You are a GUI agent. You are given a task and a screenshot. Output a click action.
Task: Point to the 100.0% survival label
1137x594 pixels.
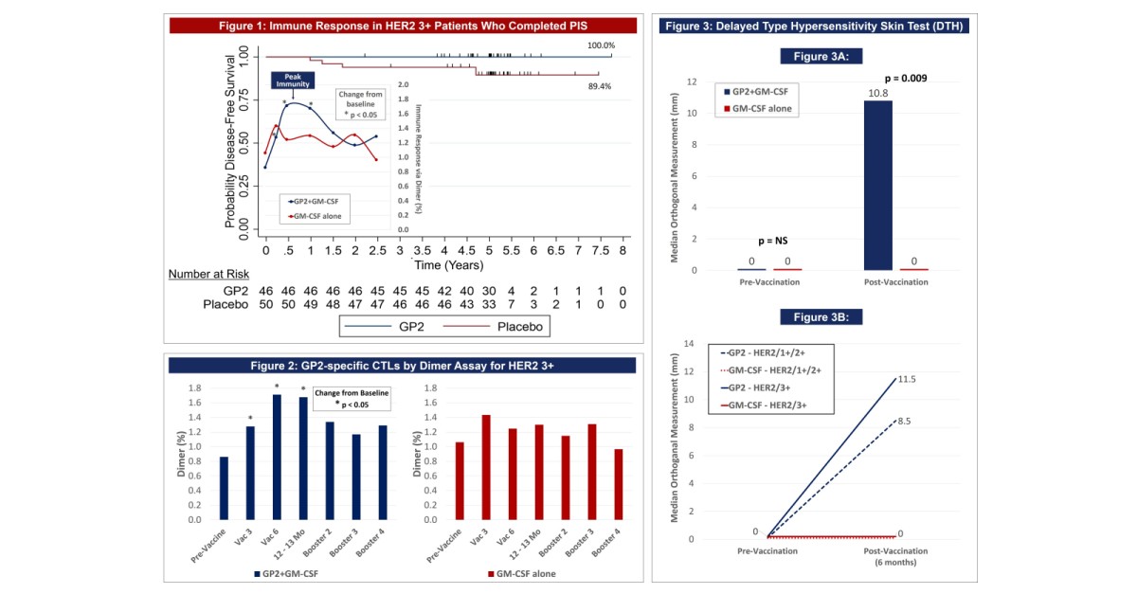pos(601,45)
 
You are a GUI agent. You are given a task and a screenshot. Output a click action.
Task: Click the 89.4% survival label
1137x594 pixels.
pos(600,86)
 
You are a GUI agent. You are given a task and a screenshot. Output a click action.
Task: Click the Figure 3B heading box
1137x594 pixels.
pos(821,315)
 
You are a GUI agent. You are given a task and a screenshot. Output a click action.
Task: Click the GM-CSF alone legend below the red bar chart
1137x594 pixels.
pos(521,574)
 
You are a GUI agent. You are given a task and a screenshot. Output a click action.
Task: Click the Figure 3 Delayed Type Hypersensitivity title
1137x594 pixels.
pos(814,26)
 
